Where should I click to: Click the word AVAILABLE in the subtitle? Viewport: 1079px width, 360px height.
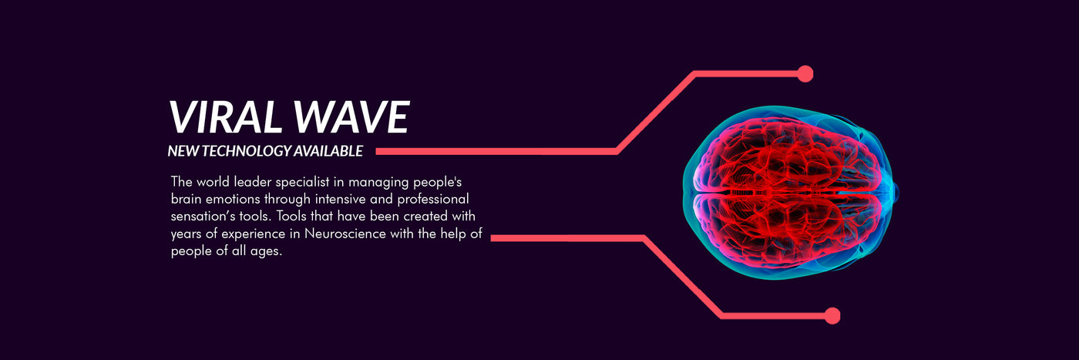point(328,151)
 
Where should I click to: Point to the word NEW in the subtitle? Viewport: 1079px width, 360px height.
point(183,151)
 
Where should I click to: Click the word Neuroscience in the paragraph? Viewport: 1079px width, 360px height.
point(345,234)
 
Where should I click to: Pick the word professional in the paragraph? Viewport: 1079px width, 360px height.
point(433,200)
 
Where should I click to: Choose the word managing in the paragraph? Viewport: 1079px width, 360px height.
point(378,183)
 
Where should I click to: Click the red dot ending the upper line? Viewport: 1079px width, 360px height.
point(805,74)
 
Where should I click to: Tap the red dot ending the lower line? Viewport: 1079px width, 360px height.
point(832,315)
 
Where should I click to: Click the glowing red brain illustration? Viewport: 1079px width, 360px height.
point(791,193)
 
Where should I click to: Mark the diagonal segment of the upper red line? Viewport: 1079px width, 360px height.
point(656,113)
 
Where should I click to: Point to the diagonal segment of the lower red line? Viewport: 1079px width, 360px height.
point(683,277)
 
